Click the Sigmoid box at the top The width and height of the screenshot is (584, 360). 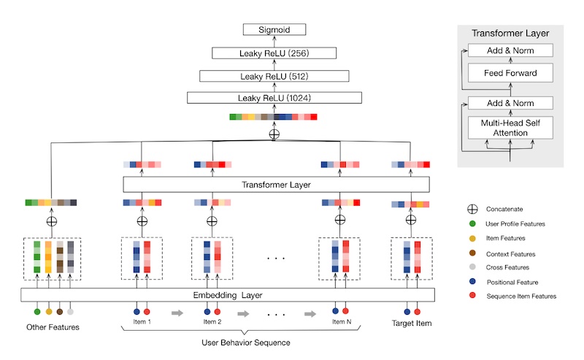(274, 30)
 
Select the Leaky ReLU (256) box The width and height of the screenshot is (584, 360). (274, 53)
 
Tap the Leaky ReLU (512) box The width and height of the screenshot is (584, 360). (274, 75)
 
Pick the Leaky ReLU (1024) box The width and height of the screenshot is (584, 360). (274, 98)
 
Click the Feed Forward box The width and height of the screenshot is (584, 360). (510, 74)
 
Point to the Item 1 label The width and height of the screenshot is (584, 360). (140, 321)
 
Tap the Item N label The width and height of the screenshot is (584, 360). (341, 321)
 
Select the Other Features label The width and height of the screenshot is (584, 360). (53, 326)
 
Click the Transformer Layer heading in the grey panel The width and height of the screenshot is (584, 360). (510, 33)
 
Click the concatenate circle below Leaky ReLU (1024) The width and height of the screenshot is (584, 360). (274, 134)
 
